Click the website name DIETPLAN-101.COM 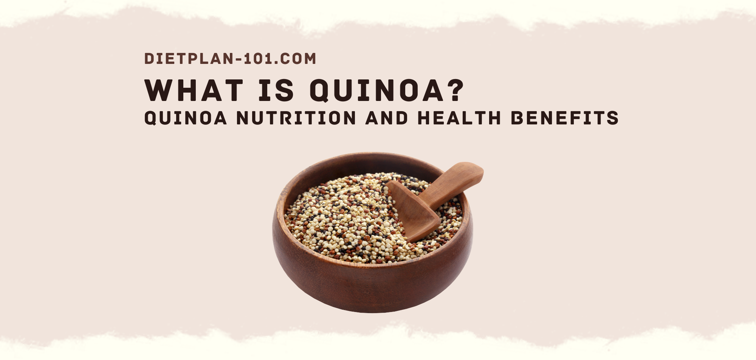(x=230, y=59)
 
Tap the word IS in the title (x=276, y=91)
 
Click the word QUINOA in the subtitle (x=186, y=118)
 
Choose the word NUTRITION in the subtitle (x=296, y=118)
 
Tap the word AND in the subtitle (x=387, y=118)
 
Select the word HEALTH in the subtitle (x=459, y=118)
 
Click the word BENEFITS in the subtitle (x=565, y=118)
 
